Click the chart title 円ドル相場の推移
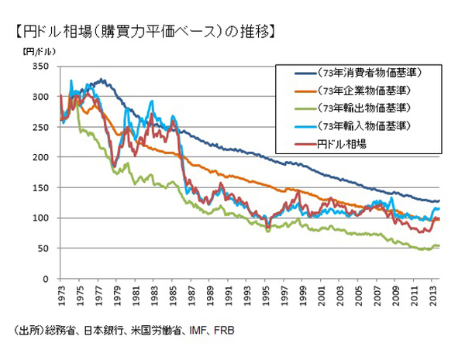(143, 32)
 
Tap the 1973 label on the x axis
(61, 296)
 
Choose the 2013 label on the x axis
(439, 296)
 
